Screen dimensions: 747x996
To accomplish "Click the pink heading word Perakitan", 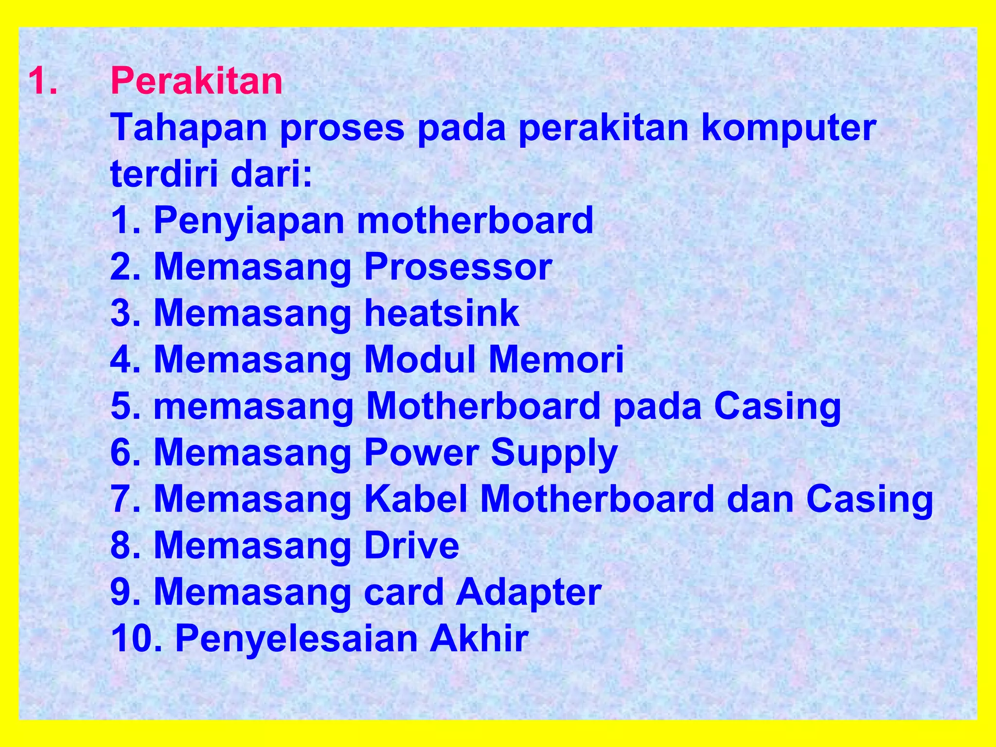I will (196, 81).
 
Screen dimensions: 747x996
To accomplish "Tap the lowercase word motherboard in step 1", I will (475, 220).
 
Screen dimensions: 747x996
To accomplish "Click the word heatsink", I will (442, 313).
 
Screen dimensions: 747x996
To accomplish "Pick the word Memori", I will (556, 360).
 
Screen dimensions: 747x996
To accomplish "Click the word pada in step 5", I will (657, 406).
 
